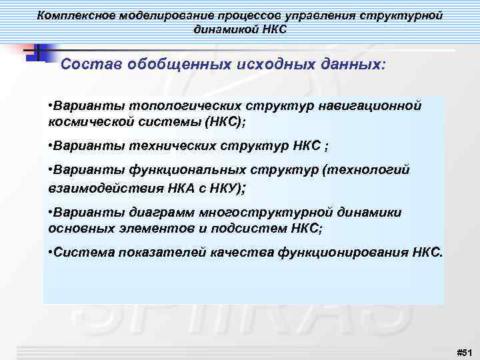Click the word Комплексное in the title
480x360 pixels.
pos(75,14)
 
